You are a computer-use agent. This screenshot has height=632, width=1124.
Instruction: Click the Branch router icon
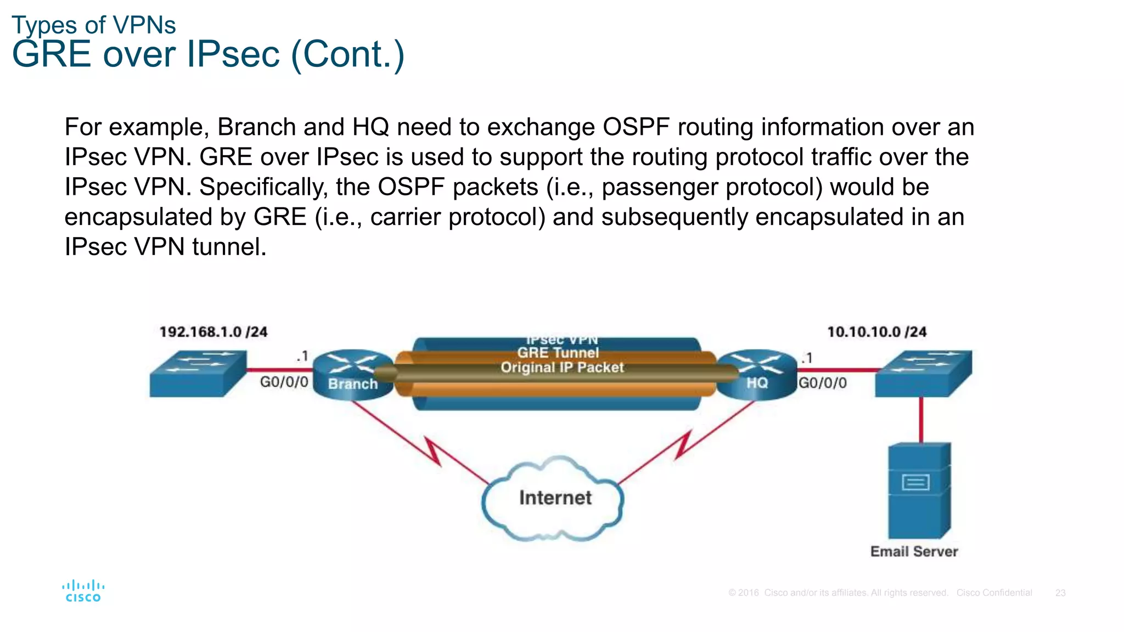pyautogui.click(x=352, y=374)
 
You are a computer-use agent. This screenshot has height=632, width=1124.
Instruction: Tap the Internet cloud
pyautogui.click(x=554, y=498)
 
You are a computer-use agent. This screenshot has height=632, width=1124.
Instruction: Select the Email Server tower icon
pyautogui.click(x=919, y=490)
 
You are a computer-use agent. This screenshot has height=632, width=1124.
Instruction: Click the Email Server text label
pyautogui.click(x=914, y=551)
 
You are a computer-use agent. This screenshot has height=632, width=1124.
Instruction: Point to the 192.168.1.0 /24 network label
pyautogui.click(x=213, y=332)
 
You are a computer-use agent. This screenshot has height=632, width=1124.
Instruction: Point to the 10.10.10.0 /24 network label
pyautogui.click(x=876, y=332)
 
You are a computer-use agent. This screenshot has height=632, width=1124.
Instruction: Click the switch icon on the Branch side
pyautogui.click(x=198, y=374)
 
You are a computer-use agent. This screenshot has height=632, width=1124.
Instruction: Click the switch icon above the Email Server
pyautogui.click(x=923, y=374)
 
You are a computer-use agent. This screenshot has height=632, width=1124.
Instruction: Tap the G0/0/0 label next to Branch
pyautogui.click(x=284, y=382)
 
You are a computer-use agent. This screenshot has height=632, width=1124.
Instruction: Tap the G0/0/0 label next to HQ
pyautogui.click(x=822, y=383)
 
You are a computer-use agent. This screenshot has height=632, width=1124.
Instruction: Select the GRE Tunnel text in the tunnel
pyautogui.click(x=558, y=353)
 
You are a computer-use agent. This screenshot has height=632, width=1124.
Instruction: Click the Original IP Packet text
pyautogui.click(x=562, y=368)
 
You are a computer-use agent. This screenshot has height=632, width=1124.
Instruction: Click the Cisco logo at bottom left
pyautogui.click(x=83, y=591)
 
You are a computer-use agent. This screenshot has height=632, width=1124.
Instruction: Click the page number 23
pyautogui.click(x=1060, y=593)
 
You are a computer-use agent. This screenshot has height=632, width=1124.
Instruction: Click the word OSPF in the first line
pyautogui.click(x=636, y=127)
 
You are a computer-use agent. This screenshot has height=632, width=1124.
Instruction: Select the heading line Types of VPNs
pyautogui.click(x=94, y=25)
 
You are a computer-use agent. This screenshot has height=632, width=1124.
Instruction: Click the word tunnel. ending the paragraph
pyautogui.click(x=229, y=247)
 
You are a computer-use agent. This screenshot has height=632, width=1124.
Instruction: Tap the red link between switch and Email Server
pyautogui.click(x=921, y=419)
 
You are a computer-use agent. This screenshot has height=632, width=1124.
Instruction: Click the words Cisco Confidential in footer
pyautogui.click(x=994, y=593)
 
